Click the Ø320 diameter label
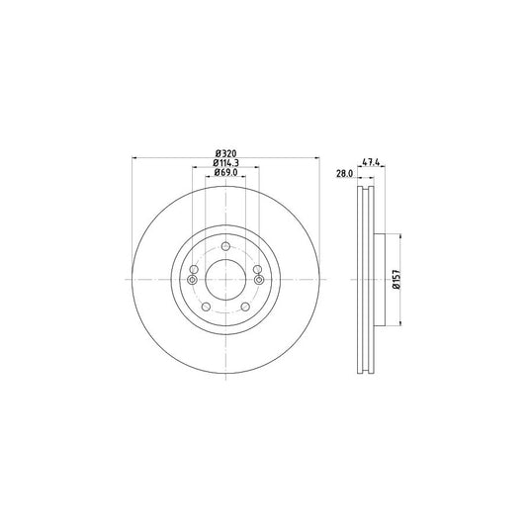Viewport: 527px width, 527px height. pos(225,153)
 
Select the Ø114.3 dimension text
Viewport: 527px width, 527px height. pos(226,163)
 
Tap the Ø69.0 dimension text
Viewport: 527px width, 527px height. pos(226,173)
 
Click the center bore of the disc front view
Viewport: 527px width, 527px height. pos(225,279)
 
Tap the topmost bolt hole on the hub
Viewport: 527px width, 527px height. pos(225,246)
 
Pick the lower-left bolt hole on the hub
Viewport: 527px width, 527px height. pos(206,307)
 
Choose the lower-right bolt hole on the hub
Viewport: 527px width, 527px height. pos(245,307)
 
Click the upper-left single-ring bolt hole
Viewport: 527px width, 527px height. pos(195,269)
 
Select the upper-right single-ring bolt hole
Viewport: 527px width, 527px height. pos(257,269)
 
